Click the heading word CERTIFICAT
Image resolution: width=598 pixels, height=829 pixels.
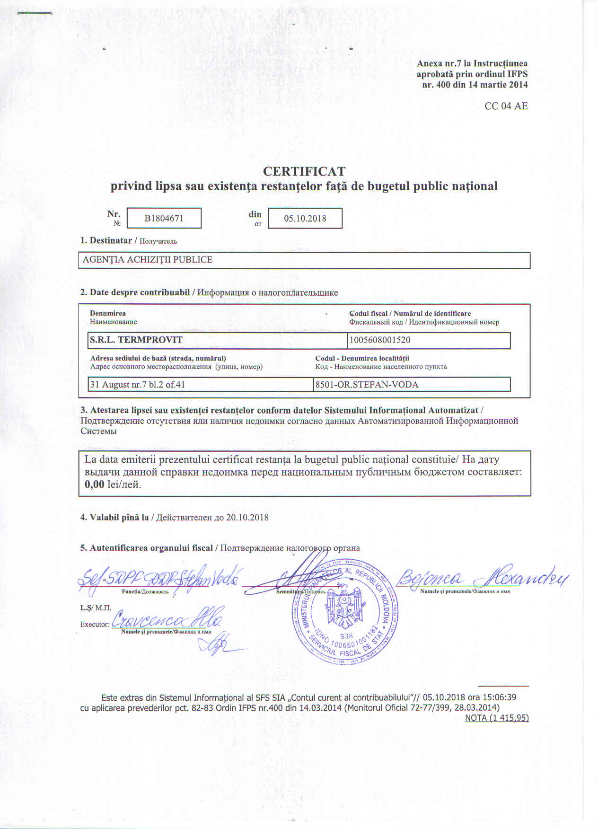point(304,171)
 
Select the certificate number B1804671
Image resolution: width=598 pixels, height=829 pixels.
point(164,219)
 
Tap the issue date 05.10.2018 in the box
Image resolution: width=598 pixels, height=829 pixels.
point(305,219)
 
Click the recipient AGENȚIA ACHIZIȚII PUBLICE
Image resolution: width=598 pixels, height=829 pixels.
point(148,260)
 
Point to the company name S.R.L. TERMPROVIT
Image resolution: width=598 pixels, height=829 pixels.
point(136,340)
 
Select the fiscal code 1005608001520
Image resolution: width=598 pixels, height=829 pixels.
point(380,340)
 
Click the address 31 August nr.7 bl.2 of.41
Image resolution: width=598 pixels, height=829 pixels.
point(137,385)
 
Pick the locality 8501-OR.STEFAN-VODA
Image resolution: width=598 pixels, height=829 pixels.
point(367,385)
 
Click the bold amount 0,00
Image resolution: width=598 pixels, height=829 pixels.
point(94,485)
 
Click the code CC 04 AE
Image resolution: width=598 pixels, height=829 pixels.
point(506,106)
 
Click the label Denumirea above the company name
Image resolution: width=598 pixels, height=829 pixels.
point(108,313)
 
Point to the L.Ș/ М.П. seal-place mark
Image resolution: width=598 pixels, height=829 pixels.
point(96,608)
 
